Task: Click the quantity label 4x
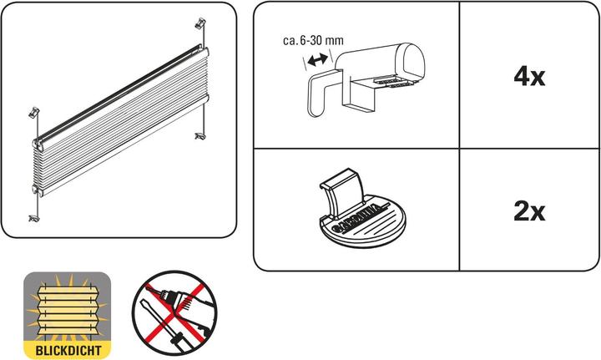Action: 529,77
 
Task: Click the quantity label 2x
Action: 529,211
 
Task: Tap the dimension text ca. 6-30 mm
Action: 313,40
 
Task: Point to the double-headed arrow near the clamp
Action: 318,60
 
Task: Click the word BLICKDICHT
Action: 68,350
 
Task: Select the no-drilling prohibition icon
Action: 174,313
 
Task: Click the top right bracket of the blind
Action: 200,23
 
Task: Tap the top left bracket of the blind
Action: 34,113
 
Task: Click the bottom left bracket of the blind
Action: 34,219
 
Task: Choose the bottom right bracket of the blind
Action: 199,135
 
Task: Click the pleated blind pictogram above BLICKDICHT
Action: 68,307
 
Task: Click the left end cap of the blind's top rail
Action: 38,144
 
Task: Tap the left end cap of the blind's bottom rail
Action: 38,190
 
